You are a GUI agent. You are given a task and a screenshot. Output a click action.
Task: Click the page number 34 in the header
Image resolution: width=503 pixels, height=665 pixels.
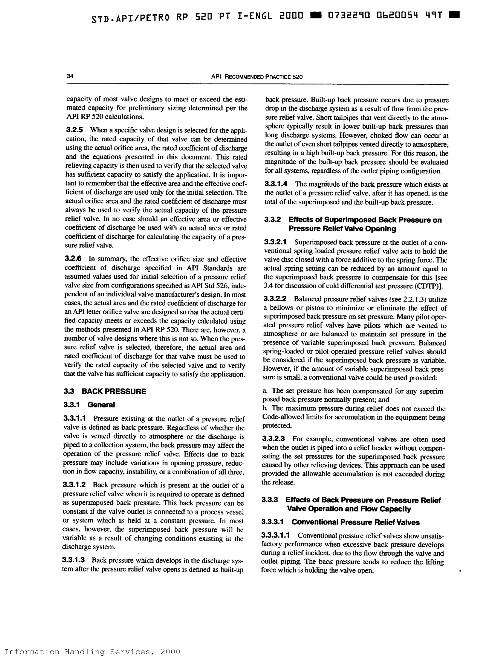pyautogui.click(x=70, y=76)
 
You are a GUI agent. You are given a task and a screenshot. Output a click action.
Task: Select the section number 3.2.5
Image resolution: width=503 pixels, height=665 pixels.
pyautogui.click(x=74, y=130)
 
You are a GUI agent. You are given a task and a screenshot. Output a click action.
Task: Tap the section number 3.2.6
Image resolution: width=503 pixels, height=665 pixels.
pyautogui.click(x=73, y=259)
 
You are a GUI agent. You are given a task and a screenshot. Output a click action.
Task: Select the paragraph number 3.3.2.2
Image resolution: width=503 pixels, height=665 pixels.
pyautogui.click(x=275, y=299)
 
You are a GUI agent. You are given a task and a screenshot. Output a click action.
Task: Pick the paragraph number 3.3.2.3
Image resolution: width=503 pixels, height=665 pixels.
pyautogui.click(x=273, y=439)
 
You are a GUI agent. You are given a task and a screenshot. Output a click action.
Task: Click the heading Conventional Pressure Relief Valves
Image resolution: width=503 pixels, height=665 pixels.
pyautogui.click(x=355, y=522)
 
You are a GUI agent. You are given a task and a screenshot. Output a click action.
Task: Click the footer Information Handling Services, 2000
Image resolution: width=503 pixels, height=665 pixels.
pyautogui.click(x=92, y=660)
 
